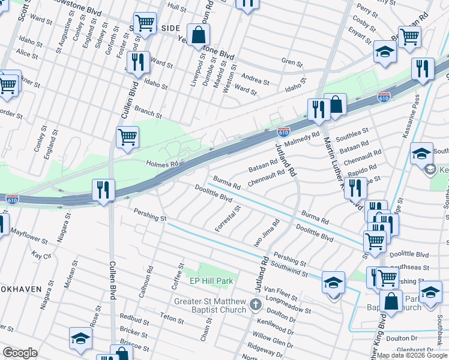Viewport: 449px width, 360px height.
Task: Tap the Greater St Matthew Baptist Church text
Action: (211, 305)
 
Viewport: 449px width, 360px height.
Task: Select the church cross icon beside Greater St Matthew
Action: (255, 305)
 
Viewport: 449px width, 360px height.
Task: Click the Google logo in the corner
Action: (20, 352)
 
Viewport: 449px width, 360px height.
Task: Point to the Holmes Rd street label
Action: (163, 163)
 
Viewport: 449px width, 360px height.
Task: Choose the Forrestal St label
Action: (228, 219)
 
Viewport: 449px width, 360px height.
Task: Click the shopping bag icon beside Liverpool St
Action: (198, 36)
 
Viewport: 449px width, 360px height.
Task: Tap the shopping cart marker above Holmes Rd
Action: (127, 137)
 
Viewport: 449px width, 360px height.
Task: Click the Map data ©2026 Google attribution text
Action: (412, 355)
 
